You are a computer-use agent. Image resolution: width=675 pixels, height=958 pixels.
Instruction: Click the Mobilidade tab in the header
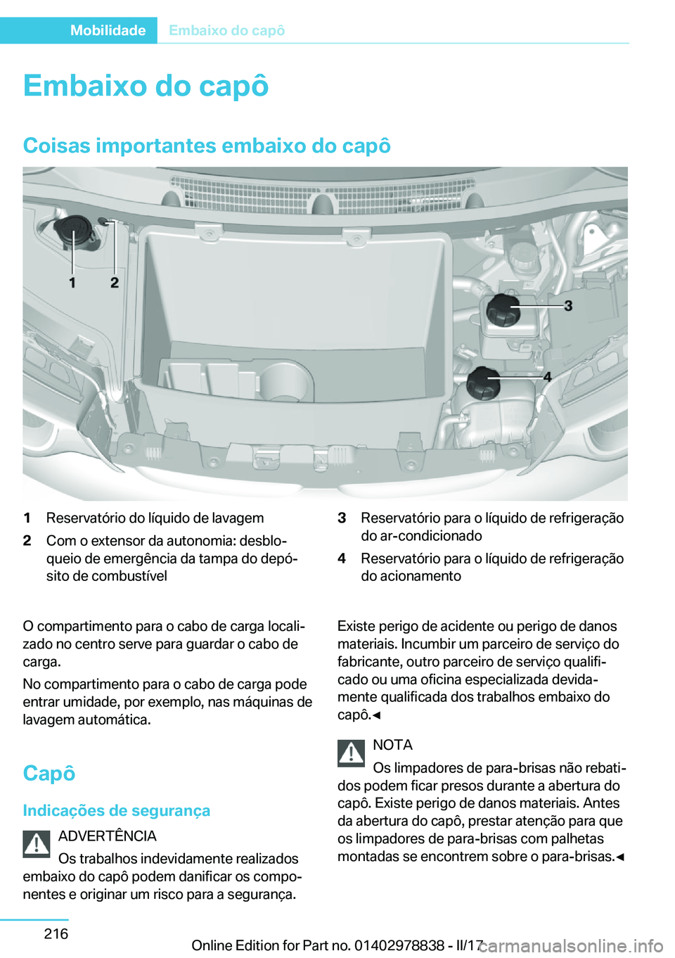(x=108, y=30)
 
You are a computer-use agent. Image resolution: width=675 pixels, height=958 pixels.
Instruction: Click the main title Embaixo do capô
(x=146, y=86)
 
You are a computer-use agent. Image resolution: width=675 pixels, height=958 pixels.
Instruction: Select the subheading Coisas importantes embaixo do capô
(x=207, y=146)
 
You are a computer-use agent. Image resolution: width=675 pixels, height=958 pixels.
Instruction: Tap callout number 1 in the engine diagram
(x=72, y=283)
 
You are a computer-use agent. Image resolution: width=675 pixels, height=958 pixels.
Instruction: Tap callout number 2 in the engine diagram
(x=115, y=283)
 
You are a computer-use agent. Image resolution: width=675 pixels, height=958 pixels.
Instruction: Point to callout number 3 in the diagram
(x=568, y=305)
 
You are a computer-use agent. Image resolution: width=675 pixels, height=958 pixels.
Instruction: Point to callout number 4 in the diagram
(x=547, y=377)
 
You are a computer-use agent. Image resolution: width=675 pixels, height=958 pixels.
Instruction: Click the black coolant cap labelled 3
(x=503, y=310)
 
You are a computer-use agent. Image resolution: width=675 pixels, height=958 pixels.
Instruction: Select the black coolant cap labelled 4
(x=484, y=383)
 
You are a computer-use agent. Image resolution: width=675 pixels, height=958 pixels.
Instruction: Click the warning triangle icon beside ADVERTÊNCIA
(x=37, y=844)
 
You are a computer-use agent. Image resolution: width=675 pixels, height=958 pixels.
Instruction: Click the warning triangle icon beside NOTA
(x=351, y=753)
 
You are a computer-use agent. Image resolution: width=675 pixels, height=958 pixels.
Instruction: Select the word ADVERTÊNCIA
(x=107, y=836)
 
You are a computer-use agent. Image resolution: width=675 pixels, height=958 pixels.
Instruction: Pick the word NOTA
(x=392, y=745)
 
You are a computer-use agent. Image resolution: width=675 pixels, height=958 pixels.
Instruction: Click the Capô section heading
(x=49, y=773)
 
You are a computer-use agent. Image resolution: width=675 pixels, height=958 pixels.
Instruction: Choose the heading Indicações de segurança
(x=116, y=810)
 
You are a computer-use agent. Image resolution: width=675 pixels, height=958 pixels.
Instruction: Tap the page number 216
(x=56, y=933)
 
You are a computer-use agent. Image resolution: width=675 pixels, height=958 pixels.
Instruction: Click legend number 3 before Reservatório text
(x=342, y=518)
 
